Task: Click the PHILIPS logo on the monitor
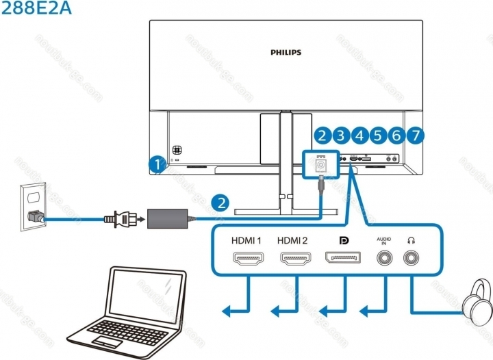(x=285, y=51)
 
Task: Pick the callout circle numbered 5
(x=378, y=135)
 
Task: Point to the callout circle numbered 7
(x=414, y=135)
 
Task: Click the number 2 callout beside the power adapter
(x=219, y=202)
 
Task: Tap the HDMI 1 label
(x=248, y=241)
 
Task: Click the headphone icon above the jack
(x=412, y=240)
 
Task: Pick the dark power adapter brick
(x=168, y=220)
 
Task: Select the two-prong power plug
(x=114, y=220)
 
